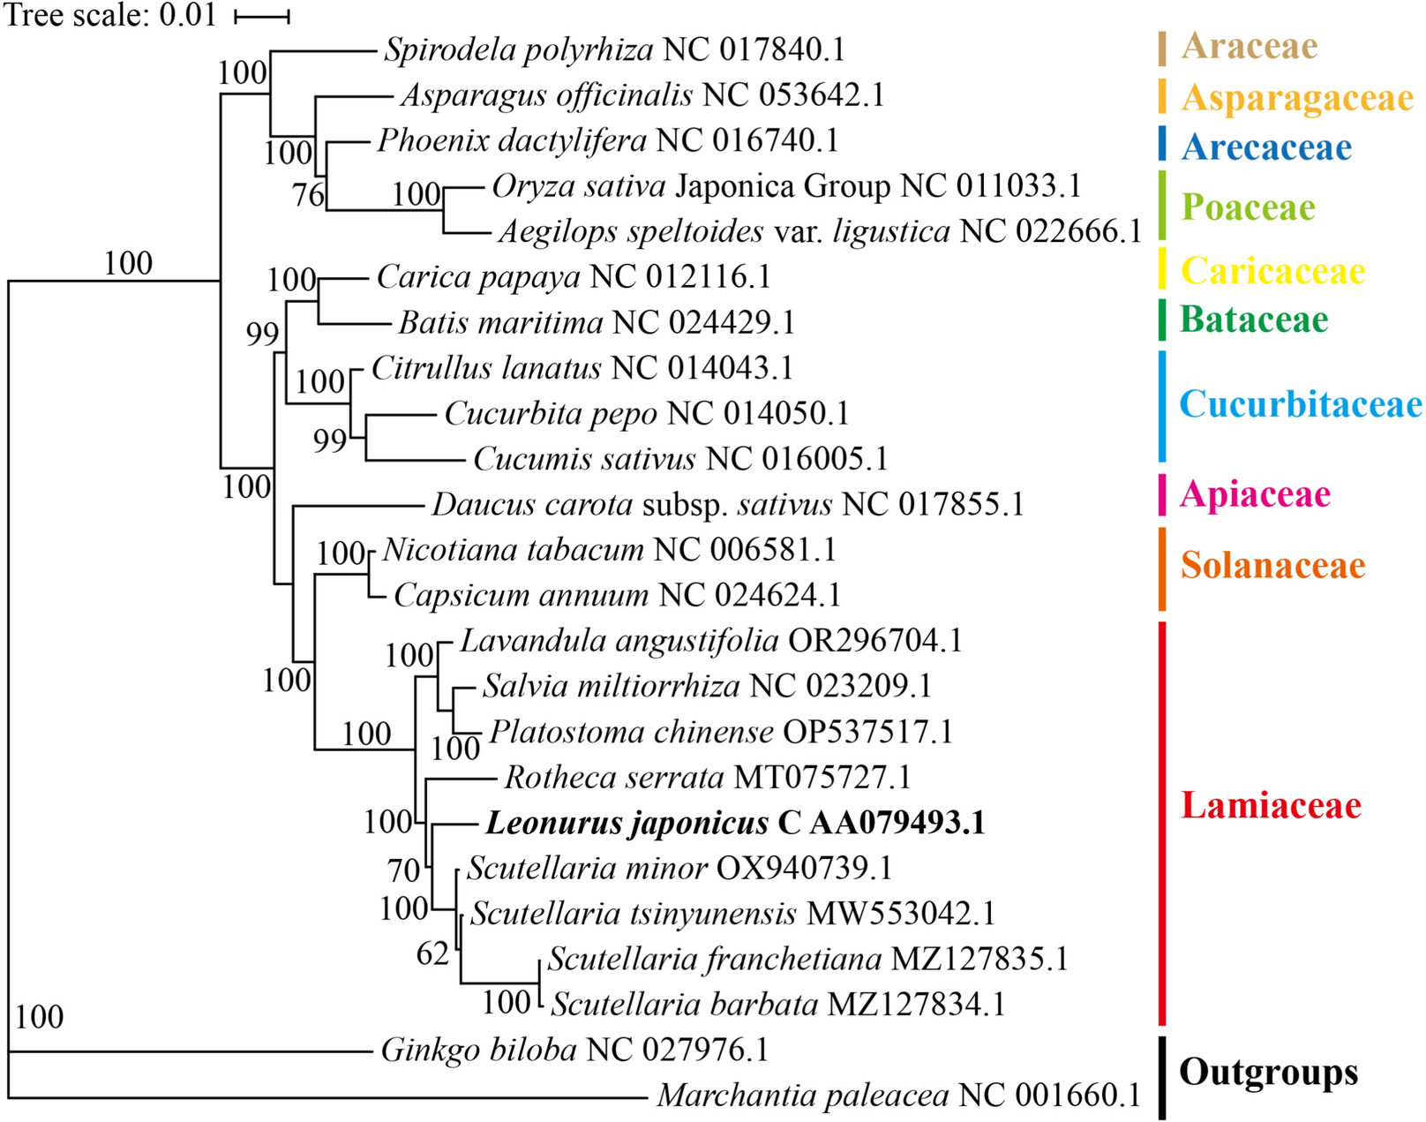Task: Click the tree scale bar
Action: pyautogui.click(x=262, y=17)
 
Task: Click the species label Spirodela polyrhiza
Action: pyautogui.click(x=519, y=49)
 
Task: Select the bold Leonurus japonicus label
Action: pyautogui.click(x=627, y=823)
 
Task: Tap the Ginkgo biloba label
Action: pyautogui.click(x=479, y=1050)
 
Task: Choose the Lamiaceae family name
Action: pyautogui.click(x=1271, y=805)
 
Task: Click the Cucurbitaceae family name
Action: pyautogui.click(x=1300, y=404)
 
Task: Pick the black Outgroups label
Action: pyautogui.click(x=1268, y=1072)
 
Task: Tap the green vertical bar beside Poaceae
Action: pyautogui.click(x=1162, y=205)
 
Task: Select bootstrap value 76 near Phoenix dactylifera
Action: pyautogui.click(x=309, y=194)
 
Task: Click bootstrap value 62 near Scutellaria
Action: pyautogui.click(x=432, y=953)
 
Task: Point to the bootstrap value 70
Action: pyautogui.click(x=404, y=870)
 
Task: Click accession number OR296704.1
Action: pyautogui.click(x=874, y=641)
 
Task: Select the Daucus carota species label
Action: pyautogui.click(x=532, y=505)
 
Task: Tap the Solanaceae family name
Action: pyautogui.click(x=1272, y=565)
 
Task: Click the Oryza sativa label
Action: pyautogui.click(x=579, y=186)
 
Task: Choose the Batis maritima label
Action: pyautogui.click(x=500, y=323)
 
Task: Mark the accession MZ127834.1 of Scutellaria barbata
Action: pyautogui.click(x=916, y=1005)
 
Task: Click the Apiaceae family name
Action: pyautogui.click(x=1255, y=494)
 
